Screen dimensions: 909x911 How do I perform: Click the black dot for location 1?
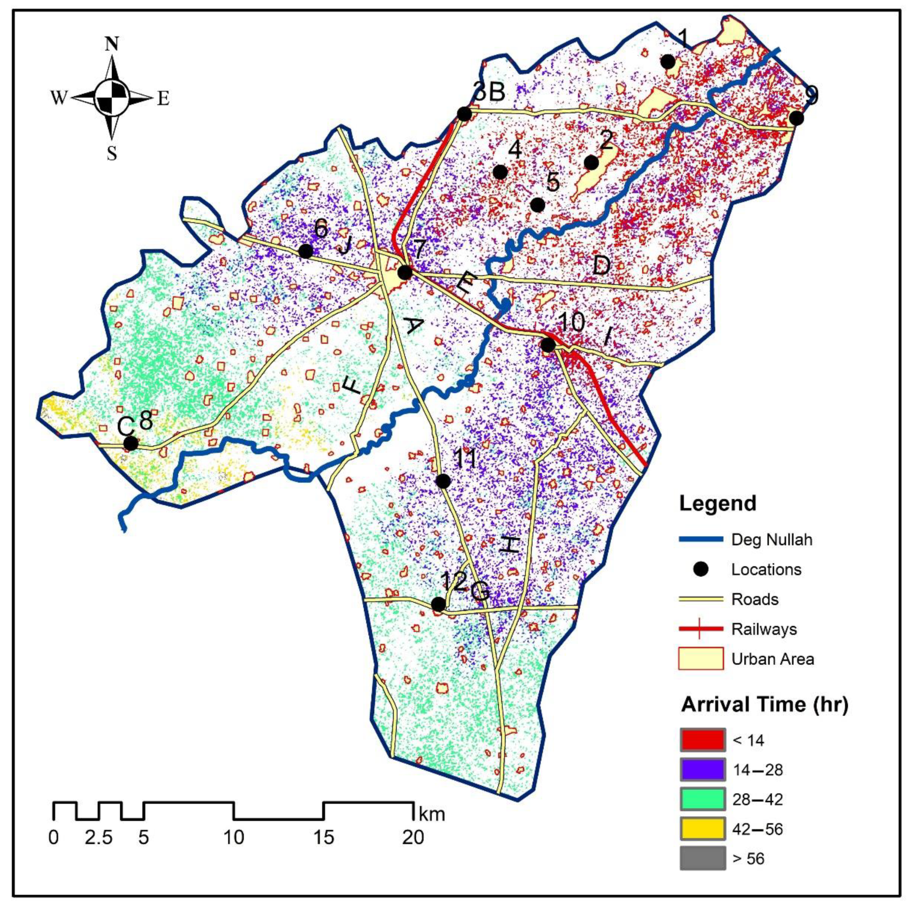(x=668, y=61)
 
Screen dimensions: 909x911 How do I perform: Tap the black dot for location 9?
(x=797, y=118)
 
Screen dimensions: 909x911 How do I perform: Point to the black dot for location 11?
(x=443, y=481)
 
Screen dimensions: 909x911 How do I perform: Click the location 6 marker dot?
(x=306, y=251)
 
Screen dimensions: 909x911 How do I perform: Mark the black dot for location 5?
(x=538, y=205)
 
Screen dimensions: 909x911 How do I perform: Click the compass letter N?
(x=112, y=44)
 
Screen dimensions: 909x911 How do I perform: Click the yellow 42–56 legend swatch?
(x=702, y=829)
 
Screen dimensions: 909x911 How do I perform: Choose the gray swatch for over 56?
(x=702, y=858)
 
